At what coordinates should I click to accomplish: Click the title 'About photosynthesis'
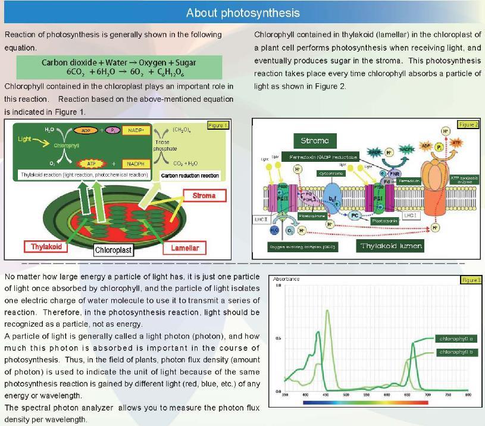point(243,12)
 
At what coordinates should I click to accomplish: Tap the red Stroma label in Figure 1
point(204,195)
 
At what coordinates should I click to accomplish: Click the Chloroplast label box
point(113,250)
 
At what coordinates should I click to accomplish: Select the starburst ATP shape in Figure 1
point(90,163)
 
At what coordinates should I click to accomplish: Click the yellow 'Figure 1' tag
point(218,126)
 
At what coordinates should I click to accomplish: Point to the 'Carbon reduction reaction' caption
point(190,176)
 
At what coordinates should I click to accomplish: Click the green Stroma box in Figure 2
point(315,141)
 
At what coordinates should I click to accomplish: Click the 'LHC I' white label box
point(410,215)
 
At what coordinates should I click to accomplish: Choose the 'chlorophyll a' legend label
point(456,339)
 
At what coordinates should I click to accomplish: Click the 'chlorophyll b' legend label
point(456,352)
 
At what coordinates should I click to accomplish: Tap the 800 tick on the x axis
point(468,394)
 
